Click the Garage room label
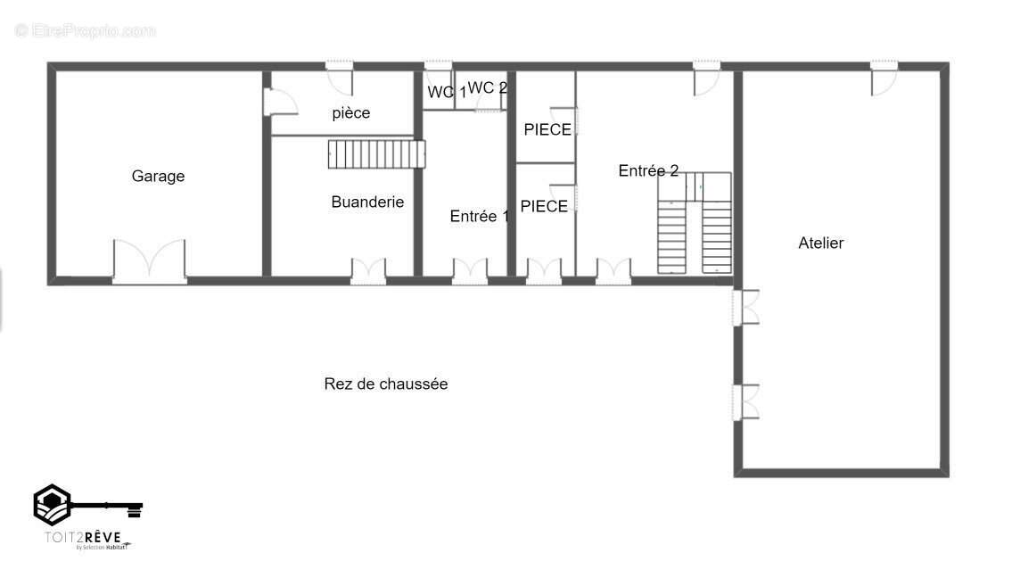tap(158, 177)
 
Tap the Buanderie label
tap(367, 202)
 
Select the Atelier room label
tap(820, 243)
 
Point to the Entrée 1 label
tap(479, 216)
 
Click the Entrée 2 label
tap(648, 171)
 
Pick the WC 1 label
tap(447, 92)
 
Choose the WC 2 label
tap(488, 87)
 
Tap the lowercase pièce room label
tap(350, 113)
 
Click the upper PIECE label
tap(547, 130)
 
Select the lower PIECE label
tap(544, 207)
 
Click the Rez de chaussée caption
tap(385, 384)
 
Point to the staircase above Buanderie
tap(375, 154)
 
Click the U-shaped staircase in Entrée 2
tap(695, 223)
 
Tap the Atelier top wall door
tap(884, 78)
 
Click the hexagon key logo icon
tap(53, 505)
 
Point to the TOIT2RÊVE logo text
tap(84, 537)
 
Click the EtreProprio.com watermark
tap(86, 31)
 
